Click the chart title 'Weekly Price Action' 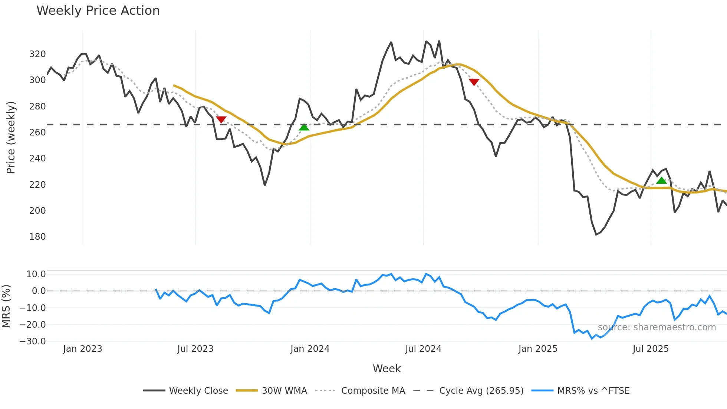[x=98, y=11]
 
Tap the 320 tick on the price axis [x=37, y=54]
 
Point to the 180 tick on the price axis [x=37, y=237]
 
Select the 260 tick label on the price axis [x=37, y=132]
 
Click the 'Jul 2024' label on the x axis [x=423, y=349]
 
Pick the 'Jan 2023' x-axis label [x=82, y=349]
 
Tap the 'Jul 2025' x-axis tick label [x=651, y=349]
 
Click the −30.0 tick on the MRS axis [x=33, y=341]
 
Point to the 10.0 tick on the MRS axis [x=36, y=274]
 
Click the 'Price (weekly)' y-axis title [x=11, y=137]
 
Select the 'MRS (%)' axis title [x=6, y=306]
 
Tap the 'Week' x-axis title [x=386, y=369]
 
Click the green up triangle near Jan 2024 [x=304, y=127]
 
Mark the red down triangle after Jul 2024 [x=474, y=82]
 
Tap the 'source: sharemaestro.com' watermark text [x=657, y=327]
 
